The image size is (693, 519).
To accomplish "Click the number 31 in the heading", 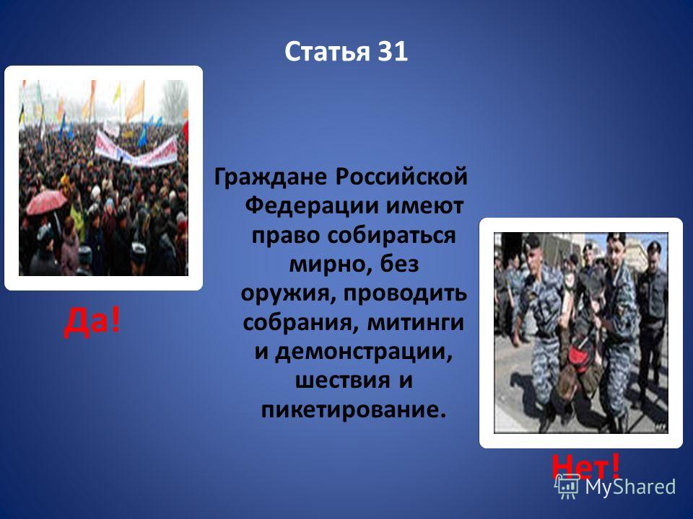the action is coord(392,52).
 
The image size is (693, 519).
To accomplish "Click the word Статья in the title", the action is coord(327,52).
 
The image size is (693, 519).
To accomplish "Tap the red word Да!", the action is coord(92,321).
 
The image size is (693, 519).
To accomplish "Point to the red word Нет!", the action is coord(586,466).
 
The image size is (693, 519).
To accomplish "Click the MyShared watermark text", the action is coord(630,487).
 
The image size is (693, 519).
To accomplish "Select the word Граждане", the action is coord(271,177).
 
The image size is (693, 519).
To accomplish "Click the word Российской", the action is coord(401,177).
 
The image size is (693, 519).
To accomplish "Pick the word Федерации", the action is coord(313,206).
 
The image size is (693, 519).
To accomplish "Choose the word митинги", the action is coord(416,322).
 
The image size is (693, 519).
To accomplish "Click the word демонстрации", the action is coord(364,352).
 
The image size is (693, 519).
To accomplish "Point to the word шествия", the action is coord(343,381).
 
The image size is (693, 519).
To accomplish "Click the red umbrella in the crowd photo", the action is coord(46,201).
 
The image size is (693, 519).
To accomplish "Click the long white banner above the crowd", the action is coord(136,149).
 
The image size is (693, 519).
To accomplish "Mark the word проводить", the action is coord(405,293).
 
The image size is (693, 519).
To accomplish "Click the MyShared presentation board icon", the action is coord(567,487).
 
